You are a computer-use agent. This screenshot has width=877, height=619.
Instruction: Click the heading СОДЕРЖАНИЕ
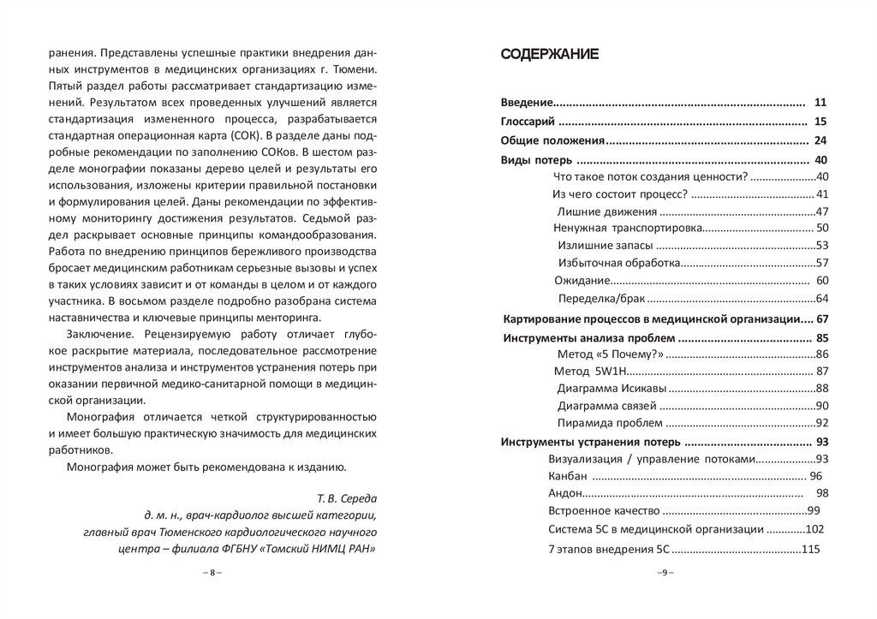tap(550, 55)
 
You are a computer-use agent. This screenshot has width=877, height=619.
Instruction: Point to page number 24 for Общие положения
tap(820, 140)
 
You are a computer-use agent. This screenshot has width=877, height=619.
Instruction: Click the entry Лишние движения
tap(607, 211)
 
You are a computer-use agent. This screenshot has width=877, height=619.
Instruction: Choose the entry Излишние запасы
tap(607, 246)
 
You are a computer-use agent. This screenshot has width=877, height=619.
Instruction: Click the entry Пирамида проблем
tap(610, 423)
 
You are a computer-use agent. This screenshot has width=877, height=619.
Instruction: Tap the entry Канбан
tap(568, 476)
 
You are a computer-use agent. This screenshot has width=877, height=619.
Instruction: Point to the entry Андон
tap(565, 493)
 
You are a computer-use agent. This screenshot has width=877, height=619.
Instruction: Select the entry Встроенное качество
tap(597, 511)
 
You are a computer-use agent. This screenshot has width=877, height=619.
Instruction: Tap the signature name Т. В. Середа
tap(347, 498)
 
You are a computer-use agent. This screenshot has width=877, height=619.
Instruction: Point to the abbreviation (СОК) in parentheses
tap(248, 135)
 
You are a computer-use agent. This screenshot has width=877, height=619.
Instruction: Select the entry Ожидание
tap(582, 281)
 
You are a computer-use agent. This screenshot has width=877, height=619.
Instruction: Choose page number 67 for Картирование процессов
tap(824, 319)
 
